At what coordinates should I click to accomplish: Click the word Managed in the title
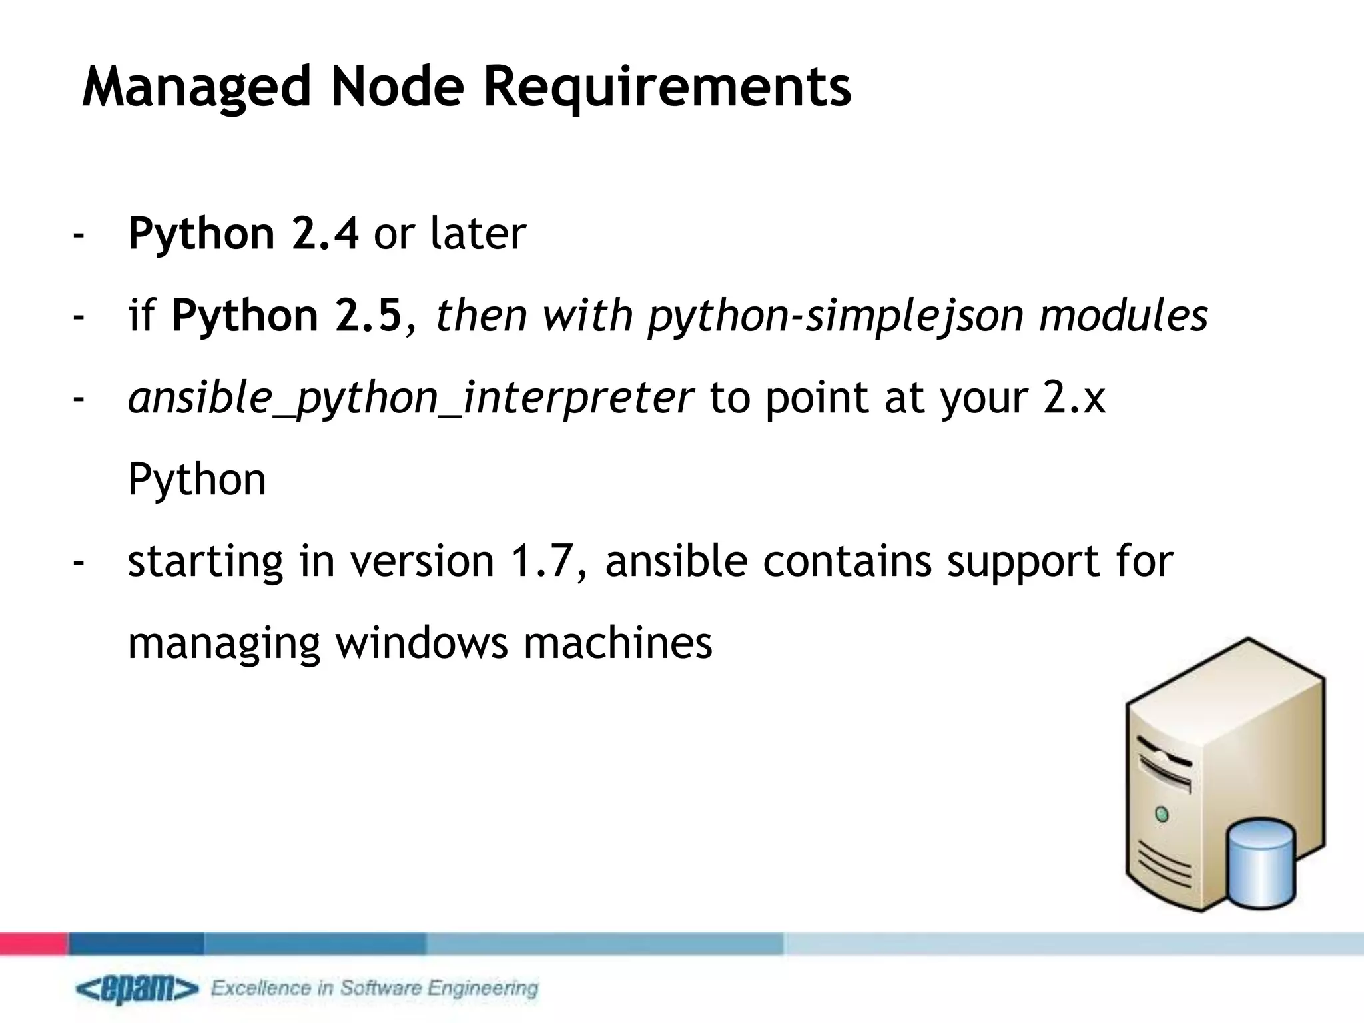coord(196,87)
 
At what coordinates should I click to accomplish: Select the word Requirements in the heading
coord(667,87)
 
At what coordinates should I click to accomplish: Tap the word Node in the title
coord(397,87)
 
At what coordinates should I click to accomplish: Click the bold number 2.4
coord(325,234)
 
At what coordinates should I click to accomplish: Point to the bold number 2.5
coord(368,316)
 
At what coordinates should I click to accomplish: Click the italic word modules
coord(1123,316)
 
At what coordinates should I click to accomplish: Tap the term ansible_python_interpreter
coord(410,398)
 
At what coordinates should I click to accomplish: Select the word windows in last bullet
coord(421,643)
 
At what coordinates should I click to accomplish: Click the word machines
coord(617,643)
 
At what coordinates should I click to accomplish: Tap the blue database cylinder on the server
coord(1261,865)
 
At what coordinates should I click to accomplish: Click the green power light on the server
coord(1162,815)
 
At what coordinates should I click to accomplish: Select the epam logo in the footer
coord(137,989)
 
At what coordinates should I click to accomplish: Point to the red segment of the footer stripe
coord(33,944)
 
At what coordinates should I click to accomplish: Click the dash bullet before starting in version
coord(79,561)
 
